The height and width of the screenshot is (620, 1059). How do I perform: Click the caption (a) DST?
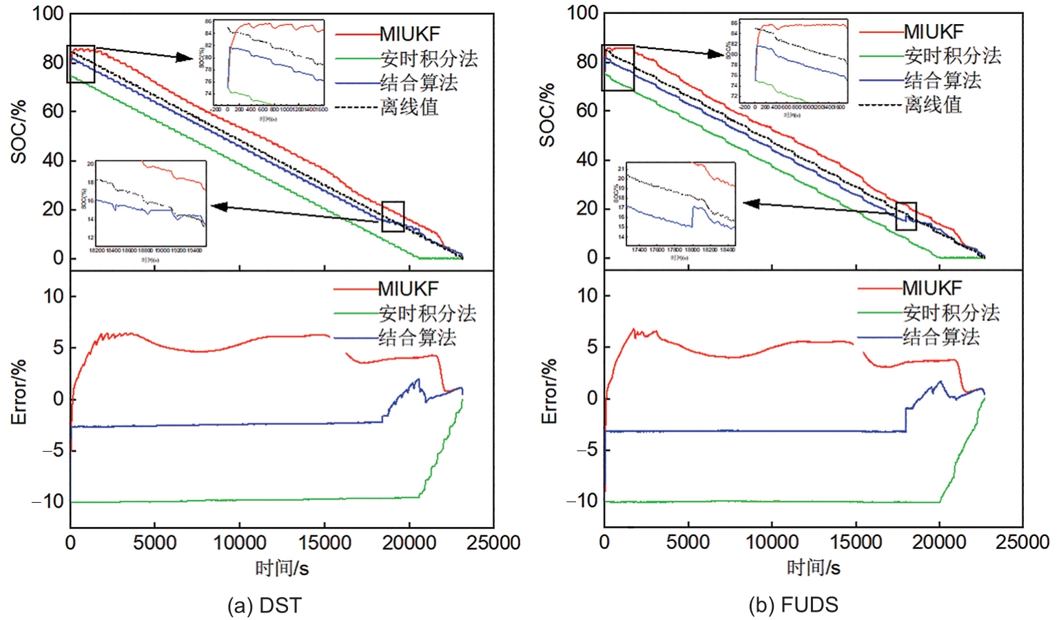(x=265, y=606)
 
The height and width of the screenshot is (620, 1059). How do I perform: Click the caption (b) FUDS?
(x=793, y=605)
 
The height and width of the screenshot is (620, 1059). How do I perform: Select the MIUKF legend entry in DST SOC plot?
(x=409, y=34)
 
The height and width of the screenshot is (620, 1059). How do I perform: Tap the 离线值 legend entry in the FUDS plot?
(x=932, y=105)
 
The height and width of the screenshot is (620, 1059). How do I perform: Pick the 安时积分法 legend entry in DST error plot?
(x=426, y=313)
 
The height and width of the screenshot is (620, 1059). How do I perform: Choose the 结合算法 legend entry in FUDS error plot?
(x=940, y=337)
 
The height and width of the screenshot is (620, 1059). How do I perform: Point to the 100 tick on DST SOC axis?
(x=48, y=13)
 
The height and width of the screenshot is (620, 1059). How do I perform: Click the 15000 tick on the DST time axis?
(x=325, y=543)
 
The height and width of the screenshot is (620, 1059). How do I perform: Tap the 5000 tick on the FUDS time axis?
(x=688, y=542)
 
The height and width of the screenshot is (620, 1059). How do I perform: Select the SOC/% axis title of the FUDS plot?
(x=548, y=115)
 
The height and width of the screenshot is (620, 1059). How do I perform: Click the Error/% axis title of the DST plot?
(x=19, y=391)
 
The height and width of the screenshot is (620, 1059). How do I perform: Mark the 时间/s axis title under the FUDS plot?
(x=813, y=568)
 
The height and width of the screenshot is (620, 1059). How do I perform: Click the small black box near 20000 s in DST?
(x=393, y=216)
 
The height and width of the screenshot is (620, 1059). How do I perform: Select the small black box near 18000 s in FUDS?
(x=906, y=216)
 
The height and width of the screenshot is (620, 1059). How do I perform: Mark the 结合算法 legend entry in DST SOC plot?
(x=418, y=83)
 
